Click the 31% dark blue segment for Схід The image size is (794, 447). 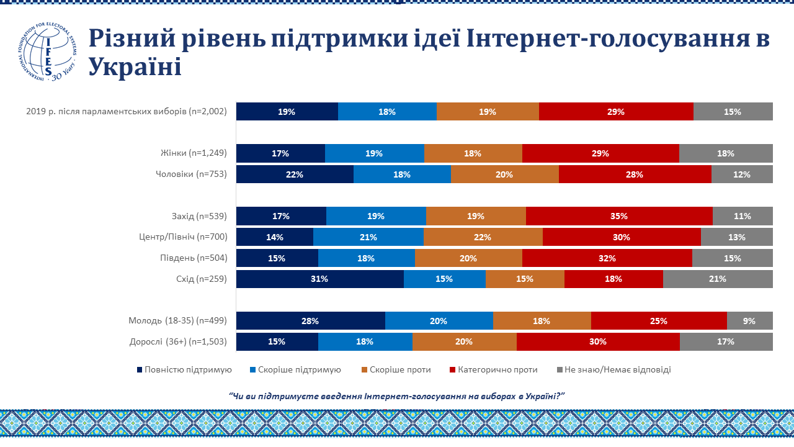pyautogui.click(x=320, y=279)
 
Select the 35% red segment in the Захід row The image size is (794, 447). pyautogui.click(x=619, y=216)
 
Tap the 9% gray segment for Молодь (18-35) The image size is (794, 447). pyautogui.click(x=749, y=321)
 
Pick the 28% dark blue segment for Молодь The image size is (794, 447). pyautogui.click(x=310, y=321)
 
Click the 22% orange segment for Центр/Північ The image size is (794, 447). pyautogui.click(x=483, y=237)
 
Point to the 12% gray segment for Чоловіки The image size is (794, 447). pyautogui.click(x=742, y=174)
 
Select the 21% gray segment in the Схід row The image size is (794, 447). pyautogui.click(x=718, y=279)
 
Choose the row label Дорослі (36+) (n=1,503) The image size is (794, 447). pyautogui.click(x=178, y=341)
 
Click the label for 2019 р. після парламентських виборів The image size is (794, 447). pyautogui.click(x=127, y=112)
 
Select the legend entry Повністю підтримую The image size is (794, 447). pyautogui.click(x=184, y=369)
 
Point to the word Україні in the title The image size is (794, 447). pyautogui.click(x=135, y=66)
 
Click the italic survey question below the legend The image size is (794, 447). pyautogui.click(x=399, y=396)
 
